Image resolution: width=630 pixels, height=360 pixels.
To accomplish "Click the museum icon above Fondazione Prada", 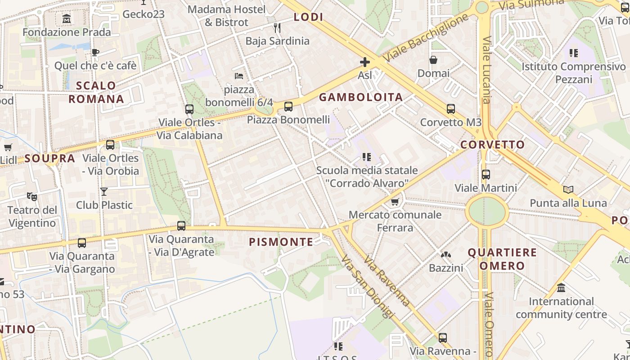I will click(67, 19).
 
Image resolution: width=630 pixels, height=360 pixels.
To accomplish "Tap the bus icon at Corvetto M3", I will click(450, 109).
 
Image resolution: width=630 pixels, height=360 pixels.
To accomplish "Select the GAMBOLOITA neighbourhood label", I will click(361, 97).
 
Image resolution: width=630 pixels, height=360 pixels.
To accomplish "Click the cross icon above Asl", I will click(364, 62).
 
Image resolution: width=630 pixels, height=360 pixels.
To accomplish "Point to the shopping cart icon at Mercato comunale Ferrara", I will click(395, 202).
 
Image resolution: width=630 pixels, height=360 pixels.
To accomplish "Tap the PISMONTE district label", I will click(281, 242).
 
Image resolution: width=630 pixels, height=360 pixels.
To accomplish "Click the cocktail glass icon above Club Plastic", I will click(104, 192).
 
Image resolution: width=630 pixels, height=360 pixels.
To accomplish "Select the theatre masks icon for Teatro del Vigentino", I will click(31, 197).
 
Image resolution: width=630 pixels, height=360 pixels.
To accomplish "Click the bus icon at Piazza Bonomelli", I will click(288, 107).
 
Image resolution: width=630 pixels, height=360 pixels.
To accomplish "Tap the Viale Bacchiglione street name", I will click(426, 38).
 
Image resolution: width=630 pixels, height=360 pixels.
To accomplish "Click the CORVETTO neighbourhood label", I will click(492, 144).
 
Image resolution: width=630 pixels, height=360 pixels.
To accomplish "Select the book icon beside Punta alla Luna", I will click(568, 190).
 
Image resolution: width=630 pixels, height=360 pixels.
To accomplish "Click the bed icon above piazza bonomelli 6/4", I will click(239, 76).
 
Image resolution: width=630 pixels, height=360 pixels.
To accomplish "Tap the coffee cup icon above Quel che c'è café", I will click(95, 53).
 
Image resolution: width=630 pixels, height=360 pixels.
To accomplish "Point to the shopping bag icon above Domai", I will click(433, 60).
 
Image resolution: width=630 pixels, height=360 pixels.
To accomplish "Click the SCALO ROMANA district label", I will click(96, 92).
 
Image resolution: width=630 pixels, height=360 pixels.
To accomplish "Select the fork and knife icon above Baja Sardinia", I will click(277, 28).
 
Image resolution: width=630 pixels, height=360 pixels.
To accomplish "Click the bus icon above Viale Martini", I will click(486, 175).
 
